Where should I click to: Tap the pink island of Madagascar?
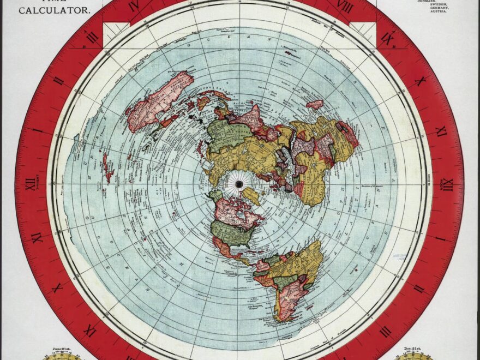tap(315, 104)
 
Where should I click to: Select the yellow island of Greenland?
tap(251, 195)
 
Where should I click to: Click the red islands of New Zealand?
tap(108, 167)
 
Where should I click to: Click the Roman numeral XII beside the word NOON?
tap(448, 185)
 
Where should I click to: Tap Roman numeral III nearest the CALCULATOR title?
tap(92, 37)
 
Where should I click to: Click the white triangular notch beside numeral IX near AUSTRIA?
tap(362, 30)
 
